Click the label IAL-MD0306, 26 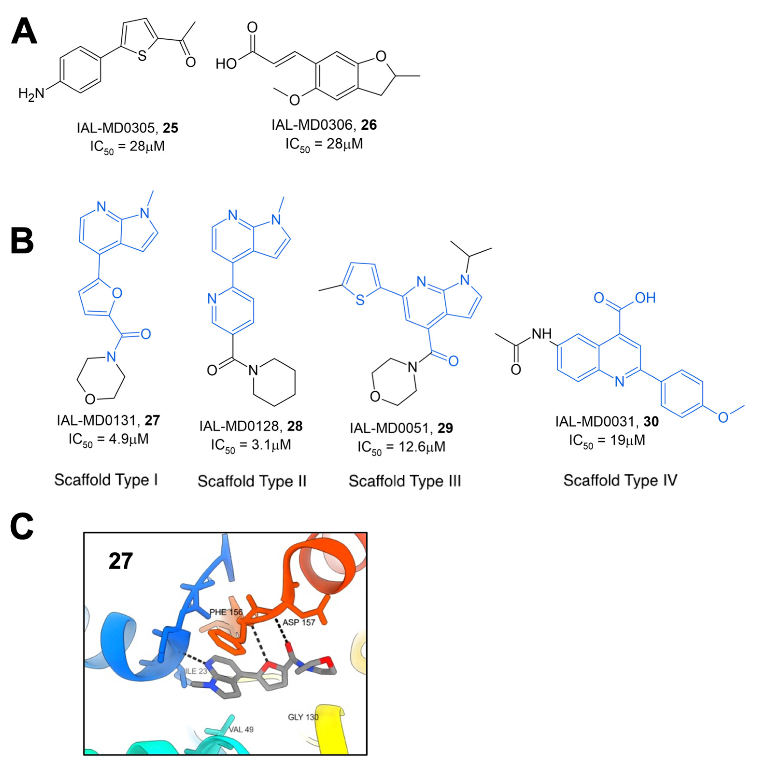(324, 125)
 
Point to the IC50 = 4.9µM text (108, 439)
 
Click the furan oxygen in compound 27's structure (117, 293)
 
